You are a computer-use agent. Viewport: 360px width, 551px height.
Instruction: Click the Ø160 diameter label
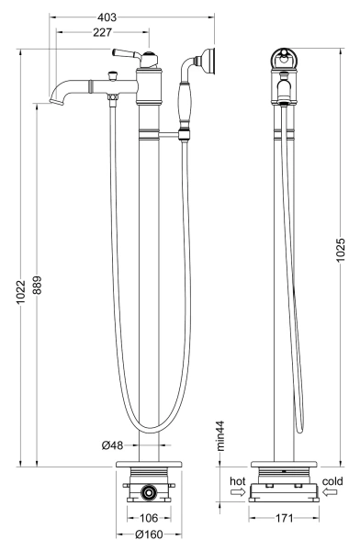point(148,534)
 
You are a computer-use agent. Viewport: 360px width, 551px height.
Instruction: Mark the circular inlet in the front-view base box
point(148,492)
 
